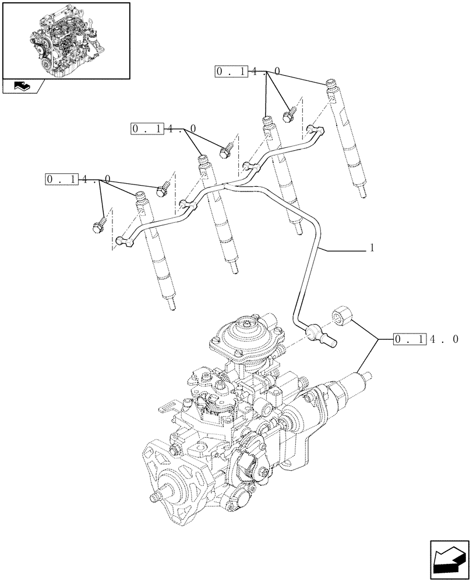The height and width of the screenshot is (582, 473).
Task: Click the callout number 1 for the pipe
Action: [x=372, y=249]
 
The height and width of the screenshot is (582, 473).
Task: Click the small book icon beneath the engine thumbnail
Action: [x=22, y=87]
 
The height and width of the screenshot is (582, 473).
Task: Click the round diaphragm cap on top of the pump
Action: [x=241, y=333]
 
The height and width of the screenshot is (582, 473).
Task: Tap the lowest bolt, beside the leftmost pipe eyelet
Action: [x=97, y=225]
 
